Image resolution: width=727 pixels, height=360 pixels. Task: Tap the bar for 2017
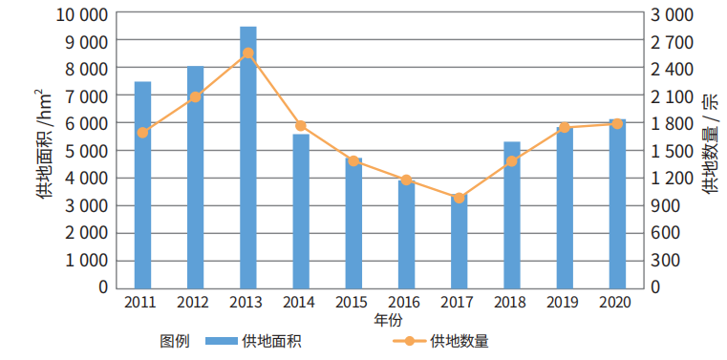point(460,243)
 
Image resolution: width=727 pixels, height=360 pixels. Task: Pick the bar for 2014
point(301,210)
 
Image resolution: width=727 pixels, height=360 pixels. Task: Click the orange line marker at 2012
point(195,96)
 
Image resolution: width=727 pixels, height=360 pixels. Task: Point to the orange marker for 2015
point(353,160)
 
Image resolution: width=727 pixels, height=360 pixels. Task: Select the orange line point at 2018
point(512,160)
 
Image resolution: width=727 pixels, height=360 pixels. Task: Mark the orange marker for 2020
point(617,123)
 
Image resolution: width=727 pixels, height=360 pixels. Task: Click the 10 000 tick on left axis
point(80,15)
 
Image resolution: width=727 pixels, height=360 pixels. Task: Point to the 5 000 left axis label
point(84,151)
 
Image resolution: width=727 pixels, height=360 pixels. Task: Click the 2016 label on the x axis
point(406,302)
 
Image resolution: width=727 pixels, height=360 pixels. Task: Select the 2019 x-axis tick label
point(565,302)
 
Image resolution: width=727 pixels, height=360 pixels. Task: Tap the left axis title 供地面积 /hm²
point(42,144)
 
